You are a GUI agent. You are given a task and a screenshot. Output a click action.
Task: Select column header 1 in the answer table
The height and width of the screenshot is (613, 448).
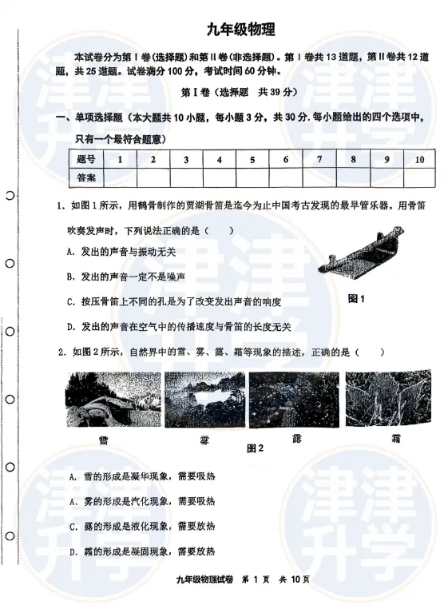click(119, 160)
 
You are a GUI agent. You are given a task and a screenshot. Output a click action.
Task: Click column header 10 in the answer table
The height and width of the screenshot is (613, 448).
click(418, 160)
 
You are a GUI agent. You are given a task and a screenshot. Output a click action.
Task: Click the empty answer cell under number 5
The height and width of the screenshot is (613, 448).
click(252, 177)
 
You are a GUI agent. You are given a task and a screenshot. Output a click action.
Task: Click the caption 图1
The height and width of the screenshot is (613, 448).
click(356, 300)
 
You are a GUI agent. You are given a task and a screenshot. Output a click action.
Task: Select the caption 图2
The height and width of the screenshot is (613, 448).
click(255, 448)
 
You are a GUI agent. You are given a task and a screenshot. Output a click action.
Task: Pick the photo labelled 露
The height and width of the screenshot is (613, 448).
click(295, 399)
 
